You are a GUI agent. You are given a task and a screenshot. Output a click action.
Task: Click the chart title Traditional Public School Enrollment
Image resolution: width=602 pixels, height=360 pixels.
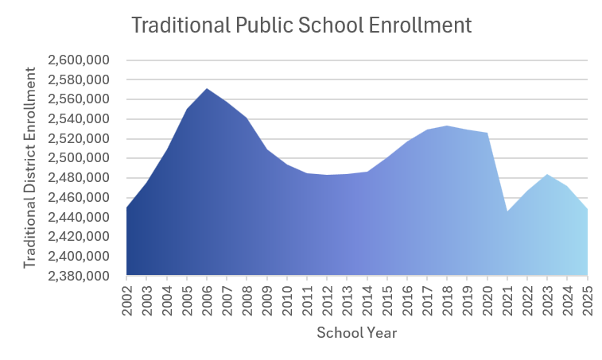point(301,25)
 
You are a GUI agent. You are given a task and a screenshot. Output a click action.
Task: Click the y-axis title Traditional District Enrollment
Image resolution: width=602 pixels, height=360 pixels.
point(30,168)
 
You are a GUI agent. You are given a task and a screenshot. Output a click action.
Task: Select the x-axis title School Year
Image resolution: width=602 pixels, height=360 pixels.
point(356,333)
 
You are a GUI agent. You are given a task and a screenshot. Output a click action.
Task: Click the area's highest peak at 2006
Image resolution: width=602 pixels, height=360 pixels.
point(208,89)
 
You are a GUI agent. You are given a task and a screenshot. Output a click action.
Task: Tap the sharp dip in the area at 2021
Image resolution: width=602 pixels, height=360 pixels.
point(507,211)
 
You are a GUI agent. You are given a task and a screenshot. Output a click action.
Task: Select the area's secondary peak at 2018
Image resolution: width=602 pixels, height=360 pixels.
point(448,126)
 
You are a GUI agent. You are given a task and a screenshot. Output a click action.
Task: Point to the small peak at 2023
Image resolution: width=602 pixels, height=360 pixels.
point(547,175)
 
